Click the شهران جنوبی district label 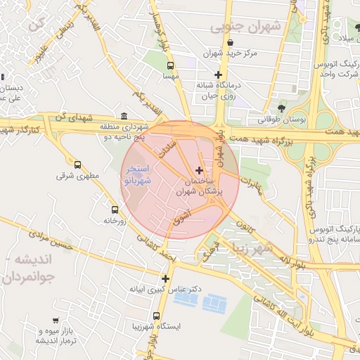coord(245,27)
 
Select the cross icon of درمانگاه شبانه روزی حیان coord(218,75)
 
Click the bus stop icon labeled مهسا coord(169,64)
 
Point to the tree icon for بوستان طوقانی coord(282,108)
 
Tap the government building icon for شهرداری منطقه coord(124,116)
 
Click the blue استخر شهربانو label coord(137,175)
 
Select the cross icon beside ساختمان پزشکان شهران coord(200,170)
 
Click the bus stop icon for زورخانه coord(115,210)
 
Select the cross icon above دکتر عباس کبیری coord(165,278)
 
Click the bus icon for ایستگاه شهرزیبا coord(156,316)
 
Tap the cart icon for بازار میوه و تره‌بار coord(56,321)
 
